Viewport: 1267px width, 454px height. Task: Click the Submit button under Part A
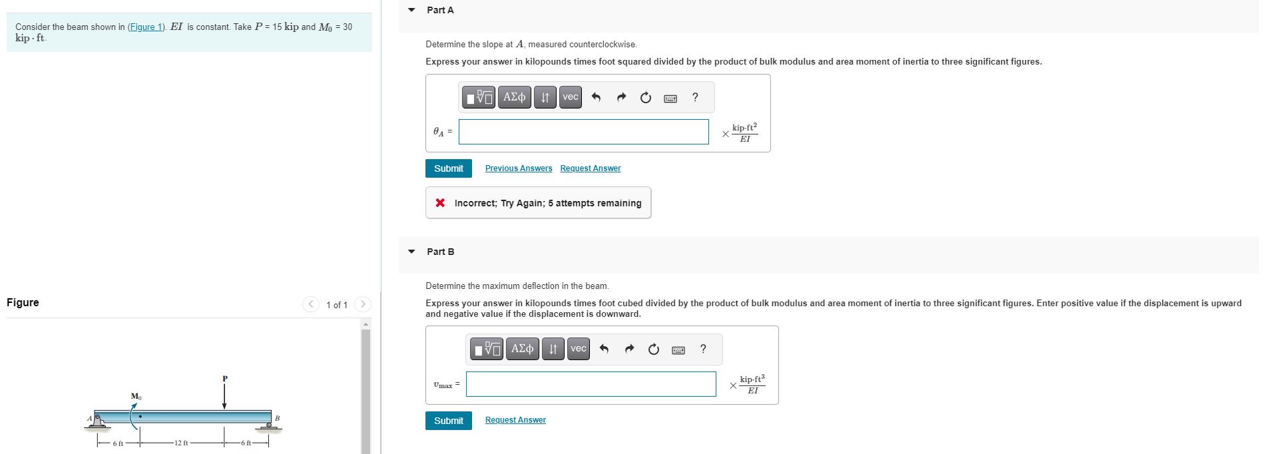pos(448,168)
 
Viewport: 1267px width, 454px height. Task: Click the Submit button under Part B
pos(448,421)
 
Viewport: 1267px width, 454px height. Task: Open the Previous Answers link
pos(518,168)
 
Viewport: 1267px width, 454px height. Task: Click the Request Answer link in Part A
pos(590,168)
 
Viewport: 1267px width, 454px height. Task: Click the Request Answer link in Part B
pos(515,420)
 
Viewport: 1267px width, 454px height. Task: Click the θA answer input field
pos(583,132)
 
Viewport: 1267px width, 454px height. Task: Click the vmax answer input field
pos(591,384)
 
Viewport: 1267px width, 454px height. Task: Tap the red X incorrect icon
pos(440,203)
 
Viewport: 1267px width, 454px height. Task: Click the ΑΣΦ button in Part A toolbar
pos(514,97)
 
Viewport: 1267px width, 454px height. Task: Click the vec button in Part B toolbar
pos(578,349)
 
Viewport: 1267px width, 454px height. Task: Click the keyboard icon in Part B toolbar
pos(678,350)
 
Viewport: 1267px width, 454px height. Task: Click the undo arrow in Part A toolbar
pos(596,98)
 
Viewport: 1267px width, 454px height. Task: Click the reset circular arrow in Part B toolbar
pos(653,349)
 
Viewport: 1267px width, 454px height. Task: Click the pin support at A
pos(98,421)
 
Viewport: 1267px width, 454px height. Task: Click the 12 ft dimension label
pos(181,443)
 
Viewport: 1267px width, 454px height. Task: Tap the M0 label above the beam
pos(136,397)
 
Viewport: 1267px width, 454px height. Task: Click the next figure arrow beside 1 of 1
pos(363,304)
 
